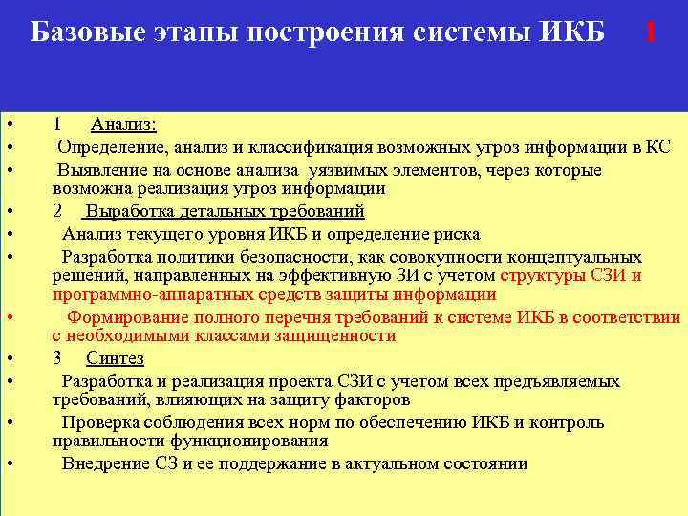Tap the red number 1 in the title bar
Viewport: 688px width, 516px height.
(x=651, y=32)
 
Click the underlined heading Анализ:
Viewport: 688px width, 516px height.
(x=124, y=124)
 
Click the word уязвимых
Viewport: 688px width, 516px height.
(x=365, y=170)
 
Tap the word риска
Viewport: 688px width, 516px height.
(x=453, y=234)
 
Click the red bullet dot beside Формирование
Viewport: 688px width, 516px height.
(x=8, y=317)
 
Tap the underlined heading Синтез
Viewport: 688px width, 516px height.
(x=115, y=358)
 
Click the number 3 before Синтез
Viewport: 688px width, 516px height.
(x=57, y=358)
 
